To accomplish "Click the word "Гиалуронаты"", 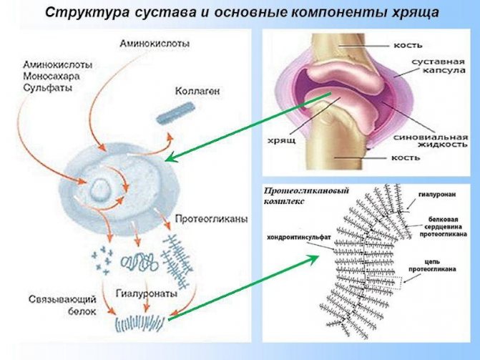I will [x=142, y=293].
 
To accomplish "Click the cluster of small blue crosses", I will [x=101, y=259].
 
